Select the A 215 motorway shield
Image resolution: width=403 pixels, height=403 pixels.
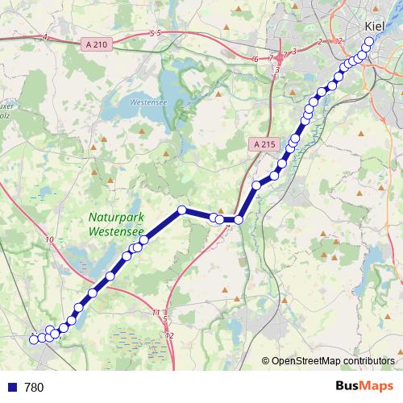point(261,144)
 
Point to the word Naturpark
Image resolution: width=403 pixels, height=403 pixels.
point(115,218)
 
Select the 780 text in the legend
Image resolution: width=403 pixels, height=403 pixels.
point(34,387)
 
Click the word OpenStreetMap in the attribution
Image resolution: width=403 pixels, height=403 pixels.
point(306,360)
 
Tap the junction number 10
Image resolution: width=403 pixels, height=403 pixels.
point(51,240)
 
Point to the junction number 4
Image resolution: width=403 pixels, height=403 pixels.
point(46,38)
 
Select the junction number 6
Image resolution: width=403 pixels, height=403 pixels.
point(256,59)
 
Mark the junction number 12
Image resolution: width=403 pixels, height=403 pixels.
point(169,334)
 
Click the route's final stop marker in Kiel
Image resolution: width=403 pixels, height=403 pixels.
point(370,41)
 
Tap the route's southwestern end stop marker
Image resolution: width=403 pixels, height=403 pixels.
point(34,339)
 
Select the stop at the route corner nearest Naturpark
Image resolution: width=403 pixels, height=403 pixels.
point(182,210)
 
